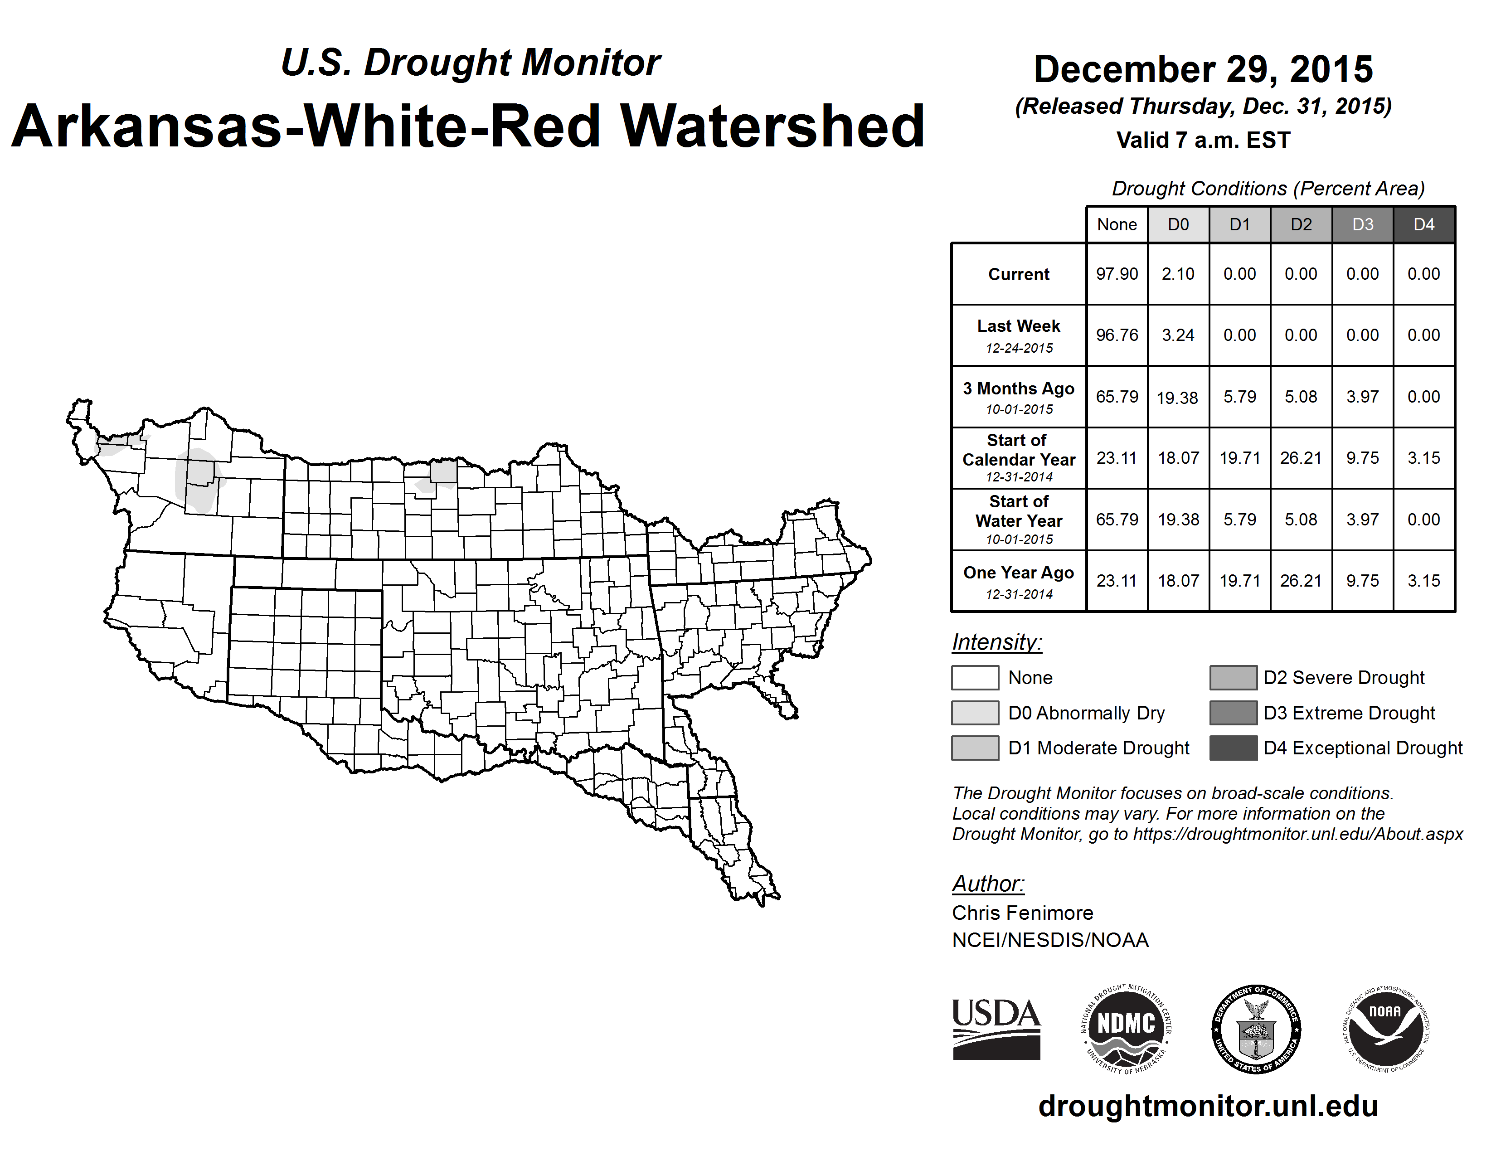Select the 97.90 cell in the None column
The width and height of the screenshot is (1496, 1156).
click(x=1117, y=274)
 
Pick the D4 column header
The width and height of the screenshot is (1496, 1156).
click(x=1423, y=224)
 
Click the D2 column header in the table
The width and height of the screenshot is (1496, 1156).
click(x=1301, y=224)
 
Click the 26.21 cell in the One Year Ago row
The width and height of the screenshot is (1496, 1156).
click(x=1301, y=581)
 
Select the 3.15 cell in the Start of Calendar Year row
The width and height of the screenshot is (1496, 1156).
click(x=1423, y=457)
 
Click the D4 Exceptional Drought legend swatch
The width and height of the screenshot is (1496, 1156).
click(x=1233, y=748)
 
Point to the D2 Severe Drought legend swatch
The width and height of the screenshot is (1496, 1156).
click(x=1233, y=677)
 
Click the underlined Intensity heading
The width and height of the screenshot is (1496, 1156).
click(x=996, y=642)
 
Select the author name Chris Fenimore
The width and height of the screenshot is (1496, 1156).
click(x=1022, y=913)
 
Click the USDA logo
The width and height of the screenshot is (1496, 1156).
click(x=996, y=1029)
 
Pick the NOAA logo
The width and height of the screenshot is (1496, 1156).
click(x=1385, y=1029)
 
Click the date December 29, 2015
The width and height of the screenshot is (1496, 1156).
click(x=1203, y=69)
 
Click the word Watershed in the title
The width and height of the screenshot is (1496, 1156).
click(x=772, y=126)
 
